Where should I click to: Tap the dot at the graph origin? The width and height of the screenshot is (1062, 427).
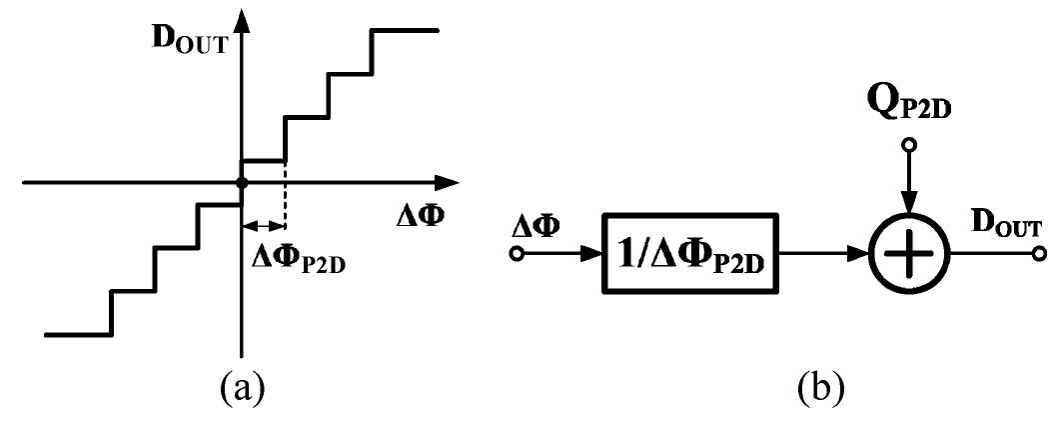(x=241, y=183)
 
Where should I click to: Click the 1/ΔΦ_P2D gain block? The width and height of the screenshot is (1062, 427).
(x=690, y=254)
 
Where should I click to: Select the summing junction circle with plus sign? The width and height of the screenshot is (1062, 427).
(x=906, y=254)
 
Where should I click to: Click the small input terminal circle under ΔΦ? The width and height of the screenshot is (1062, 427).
(x=517, y=254)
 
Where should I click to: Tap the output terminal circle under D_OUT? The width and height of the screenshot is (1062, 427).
(x=1039, y=254)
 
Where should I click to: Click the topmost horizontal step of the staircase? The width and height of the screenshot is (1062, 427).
(x=405, y=30)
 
